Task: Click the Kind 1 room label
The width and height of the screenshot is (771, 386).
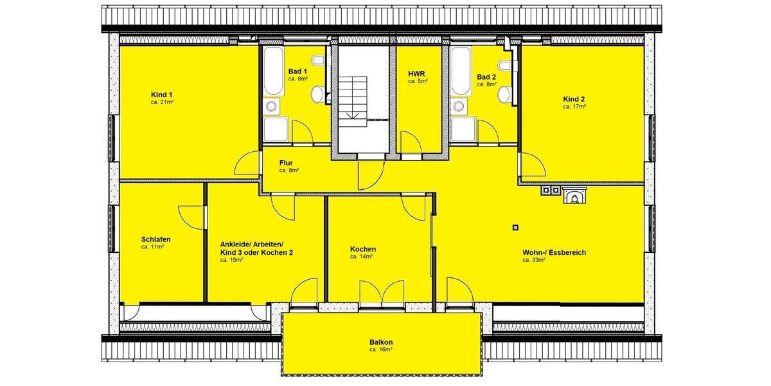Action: tap(161, 94)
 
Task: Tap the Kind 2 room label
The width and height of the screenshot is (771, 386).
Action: tap(574, 98)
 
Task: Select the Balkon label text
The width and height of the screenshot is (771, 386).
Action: tap(381, 342)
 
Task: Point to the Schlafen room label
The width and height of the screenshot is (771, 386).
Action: tap(155, 239)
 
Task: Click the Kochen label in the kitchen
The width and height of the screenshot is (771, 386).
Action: tap(363, 249)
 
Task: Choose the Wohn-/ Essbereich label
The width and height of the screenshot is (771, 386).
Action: tap(554, 253)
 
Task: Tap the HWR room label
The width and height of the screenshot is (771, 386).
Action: tap(417, 82)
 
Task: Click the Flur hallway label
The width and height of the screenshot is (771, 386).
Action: tap(287, 163)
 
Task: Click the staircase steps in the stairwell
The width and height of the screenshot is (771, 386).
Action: tap(353, 96)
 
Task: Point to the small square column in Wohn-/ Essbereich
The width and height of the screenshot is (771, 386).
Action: tap(515, 226)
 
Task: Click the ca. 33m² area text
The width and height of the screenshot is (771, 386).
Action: tap(534, 261)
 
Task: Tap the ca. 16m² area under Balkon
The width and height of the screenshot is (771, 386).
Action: tap(381, 350)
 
